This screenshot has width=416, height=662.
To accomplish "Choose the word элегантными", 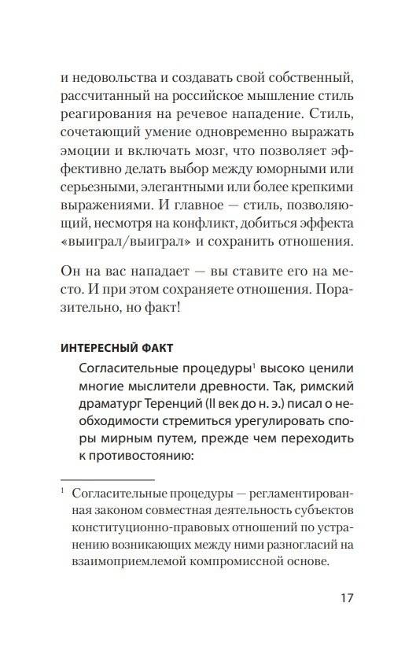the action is (x=179, y=194).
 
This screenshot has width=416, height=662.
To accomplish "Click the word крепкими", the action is (x=329, y=194).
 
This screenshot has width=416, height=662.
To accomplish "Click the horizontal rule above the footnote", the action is (x=107, y=479).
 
